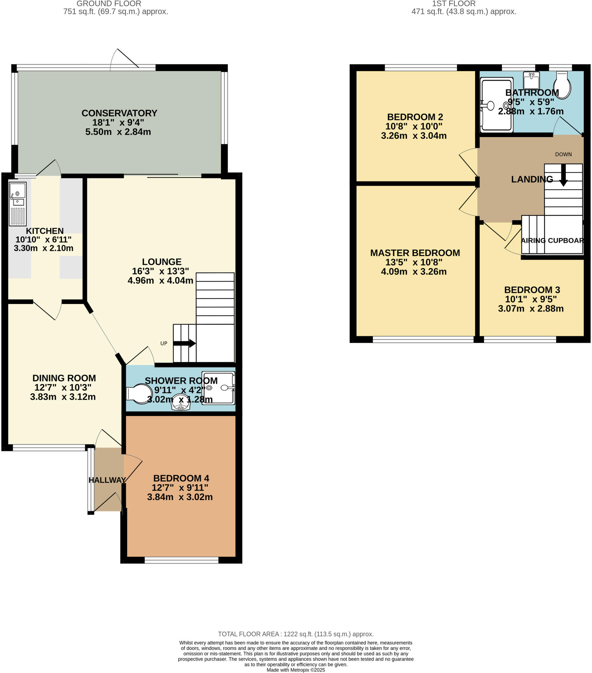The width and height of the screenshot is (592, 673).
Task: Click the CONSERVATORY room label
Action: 119,113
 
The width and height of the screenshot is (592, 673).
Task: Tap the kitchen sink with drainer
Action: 17,204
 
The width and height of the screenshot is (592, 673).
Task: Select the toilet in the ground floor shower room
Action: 140,394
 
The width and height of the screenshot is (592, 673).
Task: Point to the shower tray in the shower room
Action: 218,388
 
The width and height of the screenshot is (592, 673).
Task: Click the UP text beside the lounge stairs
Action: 164,343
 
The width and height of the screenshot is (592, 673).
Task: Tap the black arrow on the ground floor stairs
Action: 184,343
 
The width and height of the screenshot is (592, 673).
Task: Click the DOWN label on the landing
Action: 563,154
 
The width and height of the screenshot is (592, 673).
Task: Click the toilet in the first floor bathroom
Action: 562,85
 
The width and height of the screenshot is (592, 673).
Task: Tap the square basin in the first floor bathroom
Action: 531,80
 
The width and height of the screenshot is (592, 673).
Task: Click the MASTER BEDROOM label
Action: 415,253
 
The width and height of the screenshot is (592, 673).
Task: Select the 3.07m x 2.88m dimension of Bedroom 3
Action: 531,309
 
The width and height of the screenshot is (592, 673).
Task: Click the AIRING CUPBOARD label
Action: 552,240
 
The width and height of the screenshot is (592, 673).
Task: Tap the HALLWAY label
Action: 107,480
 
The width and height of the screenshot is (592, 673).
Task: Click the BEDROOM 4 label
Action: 181,478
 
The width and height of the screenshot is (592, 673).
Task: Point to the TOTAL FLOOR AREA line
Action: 296,634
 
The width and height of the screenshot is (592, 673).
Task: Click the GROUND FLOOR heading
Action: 109,4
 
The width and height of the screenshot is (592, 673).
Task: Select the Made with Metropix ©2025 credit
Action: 296,670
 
